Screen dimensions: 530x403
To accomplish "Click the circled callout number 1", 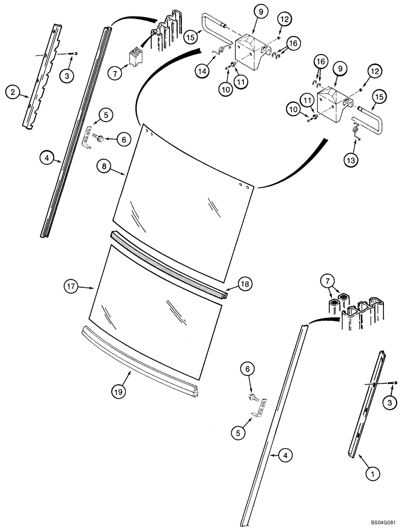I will click(372, 470).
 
